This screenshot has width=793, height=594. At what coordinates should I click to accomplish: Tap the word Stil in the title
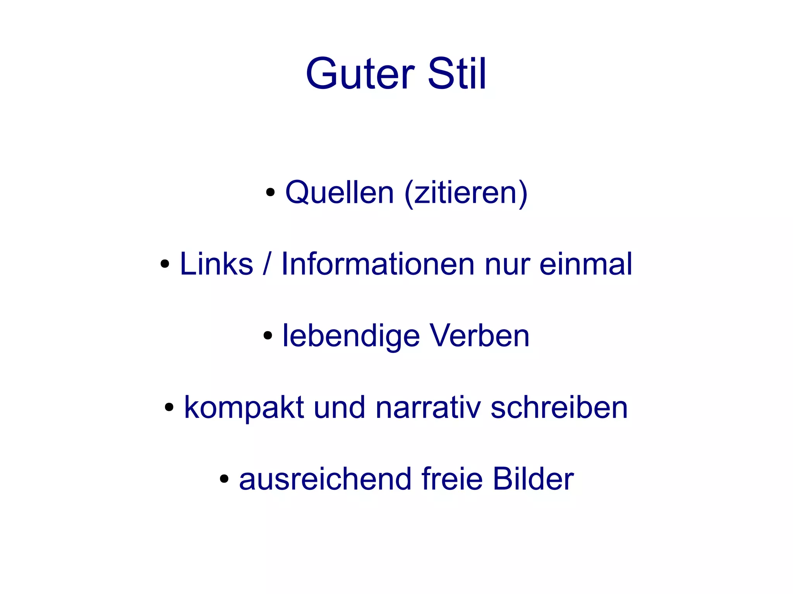click(457, 74)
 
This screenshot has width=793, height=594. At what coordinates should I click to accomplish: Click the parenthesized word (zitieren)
click(466, 193)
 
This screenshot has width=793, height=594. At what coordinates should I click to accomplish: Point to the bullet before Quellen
click(270, 192)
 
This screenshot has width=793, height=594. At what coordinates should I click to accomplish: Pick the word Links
click(216, 264)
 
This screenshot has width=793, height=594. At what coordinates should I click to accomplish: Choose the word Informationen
click(378, 264)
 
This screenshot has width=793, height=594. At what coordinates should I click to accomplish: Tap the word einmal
click(586, 264)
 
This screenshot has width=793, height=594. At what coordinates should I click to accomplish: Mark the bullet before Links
click(165, 264)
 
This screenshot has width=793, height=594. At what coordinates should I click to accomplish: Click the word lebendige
click(351, 336)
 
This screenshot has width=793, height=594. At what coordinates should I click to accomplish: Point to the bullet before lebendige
click(268, 336)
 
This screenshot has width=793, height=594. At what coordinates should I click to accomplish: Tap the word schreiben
click(559, 407)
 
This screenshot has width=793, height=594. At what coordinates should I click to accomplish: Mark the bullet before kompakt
click(169, 407)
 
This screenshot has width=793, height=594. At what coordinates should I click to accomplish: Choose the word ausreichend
click(325, 479)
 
